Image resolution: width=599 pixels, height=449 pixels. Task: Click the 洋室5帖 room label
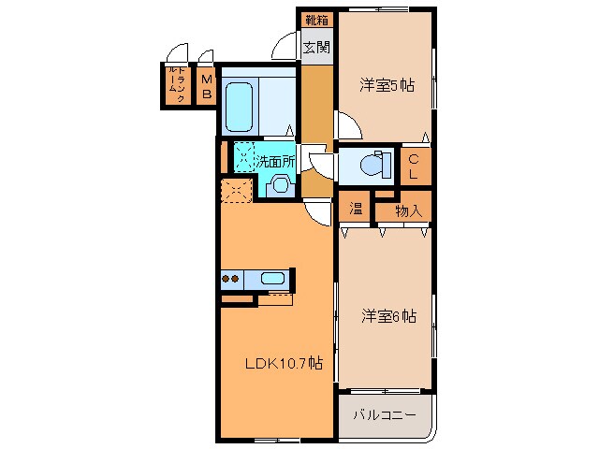pos(387,85)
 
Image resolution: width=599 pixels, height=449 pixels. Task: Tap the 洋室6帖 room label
pos(387,316)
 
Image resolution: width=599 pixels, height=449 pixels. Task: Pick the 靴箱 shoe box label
pos(316,19)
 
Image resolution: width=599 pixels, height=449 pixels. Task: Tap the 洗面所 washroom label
pos(276,160)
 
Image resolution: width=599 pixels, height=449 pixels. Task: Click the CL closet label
pos(414,167)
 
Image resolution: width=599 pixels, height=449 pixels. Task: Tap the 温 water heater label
pos(357,210)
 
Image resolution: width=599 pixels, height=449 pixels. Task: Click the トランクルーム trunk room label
pos(175,85)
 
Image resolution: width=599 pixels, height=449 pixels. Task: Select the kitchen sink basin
pos(273,278)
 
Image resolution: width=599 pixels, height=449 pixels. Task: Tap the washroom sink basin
pos(278,184)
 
